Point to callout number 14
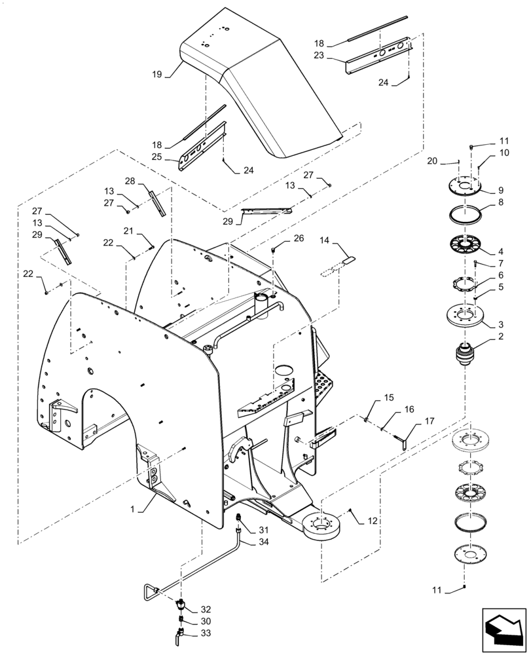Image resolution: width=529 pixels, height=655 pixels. (x=325, y=242)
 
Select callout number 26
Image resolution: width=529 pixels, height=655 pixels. (x=299, y=238)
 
